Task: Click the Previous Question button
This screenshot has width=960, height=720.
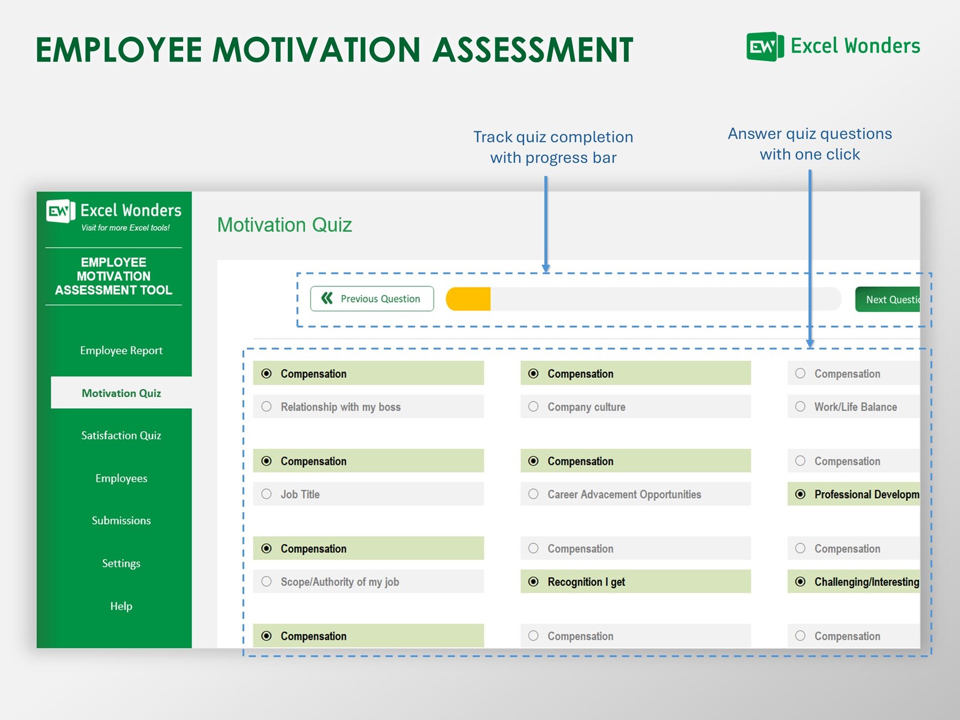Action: tap(372, 299)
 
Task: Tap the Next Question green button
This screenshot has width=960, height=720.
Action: tap(888, 299)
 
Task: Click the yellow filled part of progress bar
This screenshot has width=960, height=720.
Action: tap(469, 299)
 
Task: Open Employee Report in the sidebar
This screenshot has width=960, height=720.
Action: tap(121, 351)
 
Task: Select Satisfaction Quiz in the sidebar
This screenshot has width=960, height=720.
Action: tap(121, 435)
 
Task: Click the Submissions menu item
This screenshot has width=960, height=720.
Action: tap(121, 521)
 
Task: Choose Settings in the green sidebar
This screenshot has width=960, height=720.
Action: tap(121, 563)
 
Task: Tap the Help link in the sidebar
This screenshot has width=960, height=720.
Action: tap(121, 606)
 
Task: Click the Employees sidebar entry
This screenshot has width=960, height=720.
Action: tap(121, 478)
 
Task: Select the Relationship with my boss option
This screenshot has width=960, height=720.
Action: tap(340, 407)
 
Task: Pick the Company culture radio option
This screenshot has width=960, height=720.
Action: tap(586, 407)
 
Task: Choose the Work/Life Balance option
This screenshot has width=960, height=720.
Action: tap(855, 407)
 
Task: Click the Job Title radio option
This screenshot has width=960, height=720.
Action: tap(300, 495)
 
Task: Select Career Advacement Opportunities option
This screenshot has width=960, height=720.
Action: tap(623, 495)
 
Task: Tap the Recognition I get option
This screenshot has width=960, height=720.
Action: tap(586, 582)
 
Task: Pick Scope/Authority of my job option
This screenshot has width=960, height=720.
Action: tap(339, 582)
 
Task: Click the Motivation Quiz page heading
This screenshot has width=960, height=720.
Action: tap(284, 225)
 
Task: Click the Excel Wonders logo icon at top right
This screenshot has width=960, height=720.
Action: tap(764, 47)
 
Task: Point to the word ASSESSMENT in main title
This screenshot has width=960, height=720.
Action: tap(533, 50)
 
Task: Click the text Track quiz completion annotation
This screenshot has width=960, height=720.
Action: tap(553, 137)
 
